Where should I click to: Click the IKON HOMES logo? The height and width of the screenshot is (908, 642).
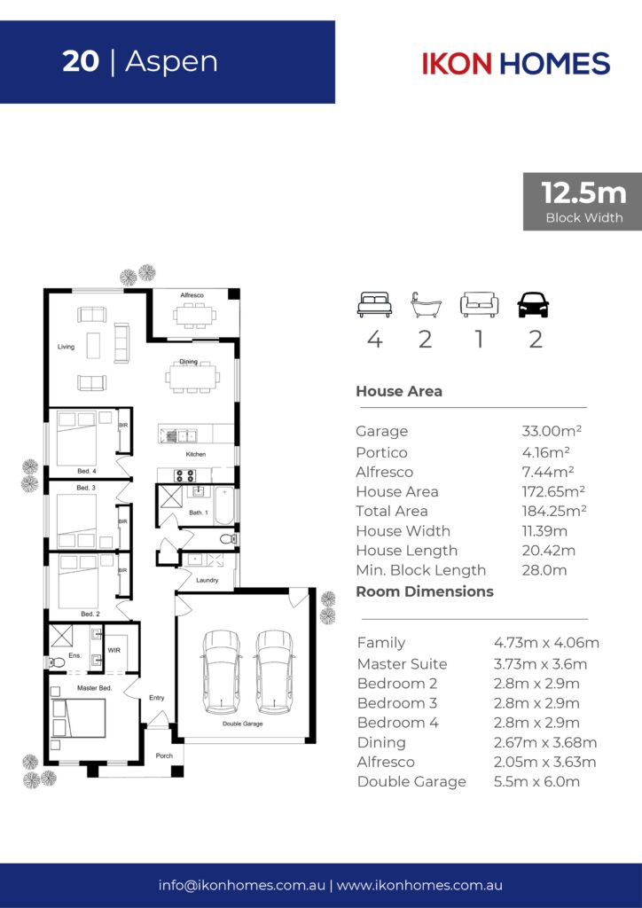click(516, 64)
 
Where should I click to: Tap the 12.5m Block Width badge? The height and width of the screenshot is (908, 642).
click(583, 201)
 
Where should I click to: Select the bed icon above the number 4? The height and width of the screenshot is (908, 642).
click(374, 305)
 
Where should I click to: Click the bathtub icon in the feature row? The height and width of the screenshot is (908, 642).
click(426, 305)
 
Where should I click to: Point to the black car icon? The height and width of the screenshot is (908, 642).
click(533, 305)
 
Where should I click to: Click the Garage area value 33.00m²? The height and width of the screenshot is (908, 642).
click(552, 431)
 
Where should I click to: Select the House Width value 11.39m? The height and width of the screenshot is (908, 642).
click(544, 531)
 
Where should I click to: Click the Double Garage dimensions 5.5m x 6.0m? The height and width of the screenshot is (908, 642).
click(536, 782)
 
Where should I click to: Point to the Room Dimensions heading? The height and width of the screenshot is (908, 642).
click(425, 591)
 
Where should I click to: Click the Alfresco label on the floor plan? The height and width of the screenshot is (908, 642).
click(192, 295)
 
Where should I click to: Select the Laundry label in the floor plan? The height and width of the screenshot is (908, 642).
click(207, 580)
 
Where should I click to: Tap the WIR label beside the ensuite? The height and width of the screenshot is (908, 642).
click(114, 650)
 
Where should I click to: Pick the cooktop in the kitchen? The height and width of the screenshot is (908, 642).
click(185, 475)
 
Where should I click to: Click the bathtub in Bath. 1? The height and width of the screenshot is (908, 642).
click(224, 506)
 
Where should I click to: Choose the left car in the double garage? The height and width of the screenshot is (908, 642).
click(221, 672)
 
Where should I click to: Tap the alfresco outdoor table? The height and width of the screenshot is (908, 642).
click(194, 316)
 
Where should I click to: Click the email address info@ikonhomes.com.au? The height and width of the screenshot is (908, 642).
click(242, 886)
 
